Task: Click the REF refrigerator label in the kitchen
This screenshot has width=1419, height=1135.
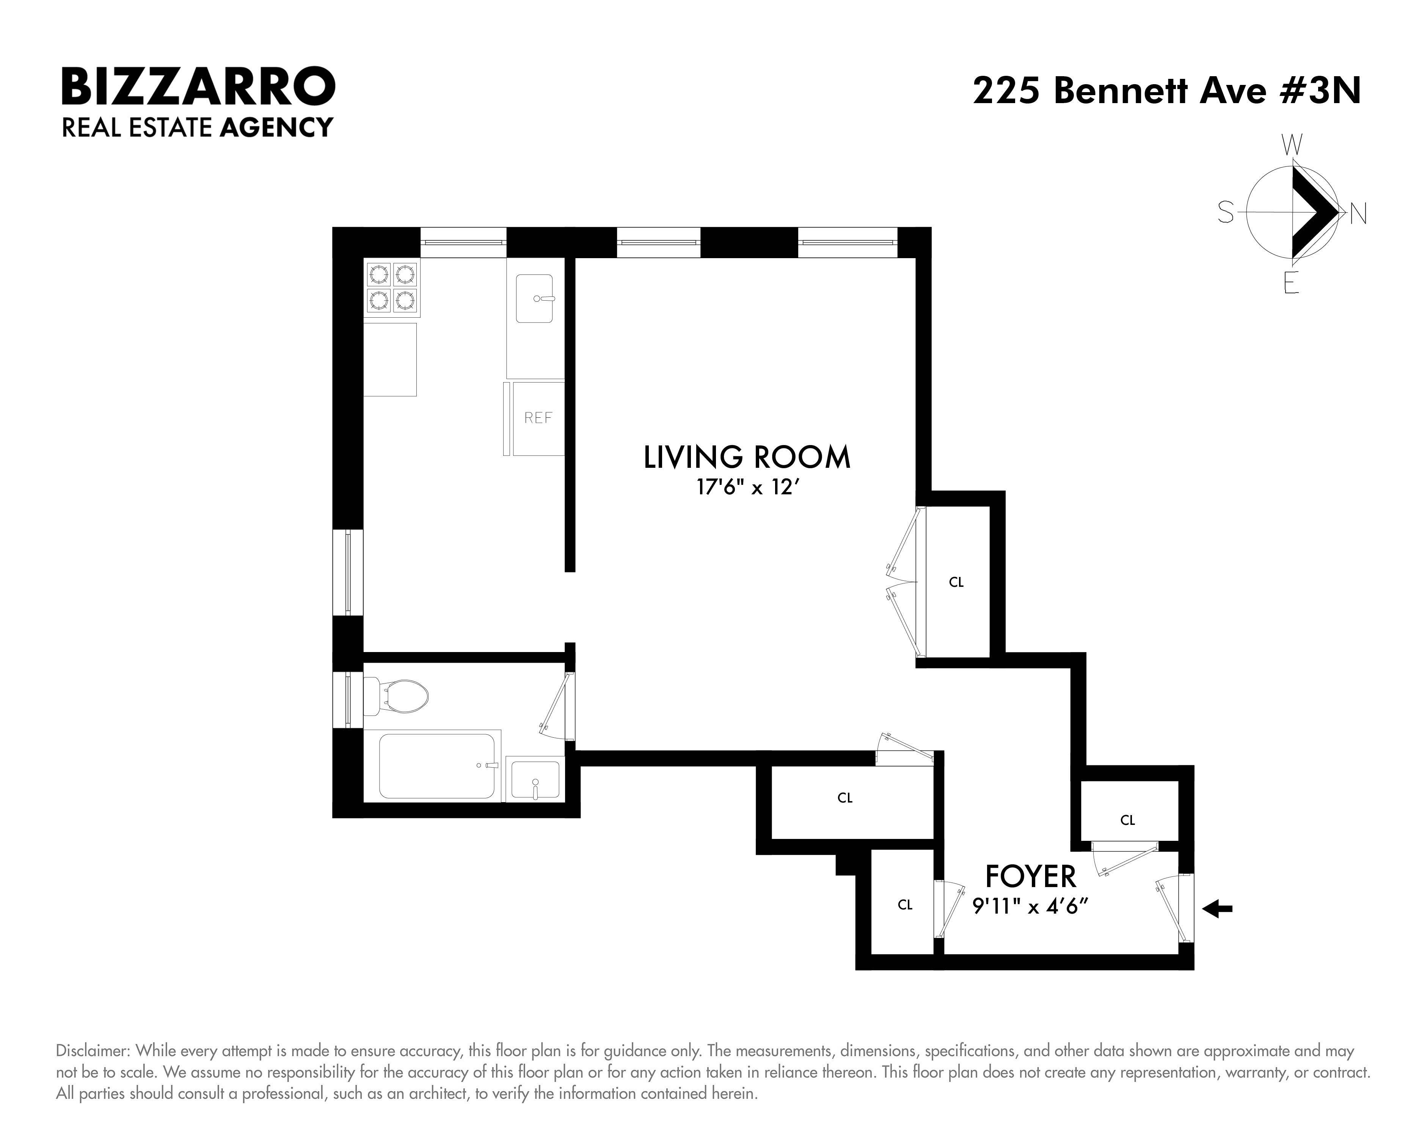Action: click(x=538, y=418)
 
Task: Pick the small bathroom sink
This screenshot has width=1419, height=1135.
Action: click(x=535, y=780)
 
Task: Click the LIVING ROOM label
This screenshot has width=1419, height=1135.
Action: click(x=747, y=457)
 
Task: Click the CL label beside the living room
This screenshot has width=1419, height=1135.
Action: click(x=956, y=582)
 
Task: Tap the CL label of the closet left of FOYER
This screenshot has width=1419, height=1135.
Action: click(x=905, y=905)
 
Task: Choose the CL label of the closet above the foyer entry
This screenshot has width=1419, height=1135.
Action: click(x=1127, y=820)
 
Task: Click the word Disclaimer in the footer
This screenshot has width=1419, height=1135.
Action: click(x=93, y=1051)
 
